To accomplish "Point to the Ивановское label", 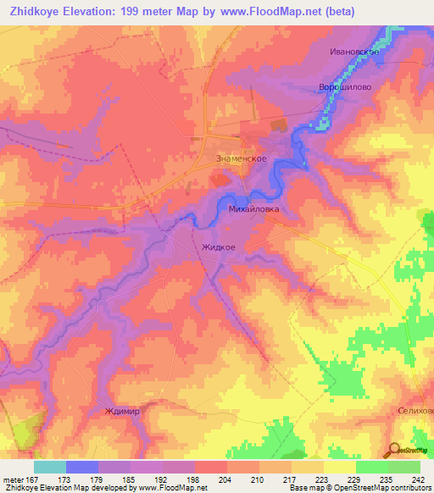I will coord(359,52).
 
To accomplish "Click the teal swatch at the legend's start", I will coord(50,467).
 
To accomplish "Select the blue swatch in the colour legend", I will coord(82,467).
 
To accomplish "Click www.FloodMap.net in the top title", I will coord(272,11).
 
